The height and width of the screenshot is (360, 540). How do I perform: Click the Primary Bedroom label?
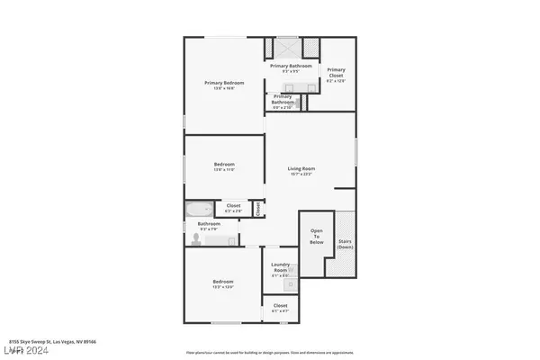point(224,83)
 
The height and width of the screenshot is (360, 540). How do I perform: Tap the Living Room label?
point(301,168)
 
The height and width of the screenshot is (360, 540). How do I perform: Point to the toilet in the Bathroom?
point(195,238)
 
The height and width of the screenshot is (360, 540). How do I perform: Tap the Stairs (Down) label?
point(344,244)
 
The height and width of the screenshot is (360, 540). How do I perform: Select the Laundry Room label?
point(280,267)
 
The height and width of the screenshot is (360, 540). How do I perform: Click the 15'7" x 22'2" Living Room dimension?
point(301,175)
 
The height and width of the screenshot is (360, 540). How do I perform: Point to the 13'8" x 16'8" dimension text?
point(224,89)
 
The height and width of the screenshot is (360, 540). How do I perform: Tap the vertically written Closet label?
point(258,208)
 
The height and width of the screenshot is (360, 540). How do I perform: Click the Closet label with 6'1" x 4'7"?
point(280,306)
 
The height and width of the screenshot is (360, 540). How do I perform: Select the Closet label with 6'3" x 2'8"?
point(233,206)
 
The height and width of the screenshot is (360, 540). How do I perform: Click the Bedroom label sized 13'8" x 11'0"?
point(224,164)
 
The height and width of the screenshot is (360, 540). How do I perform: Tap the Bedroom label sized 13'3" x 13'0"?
point(223,283)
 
